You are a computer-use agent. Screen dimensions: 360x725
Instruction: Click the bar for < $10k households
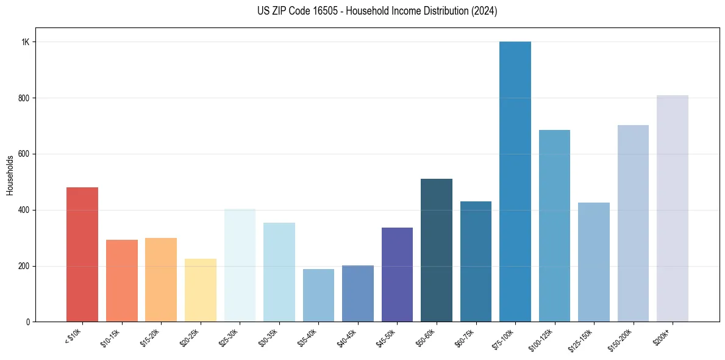point(82,254)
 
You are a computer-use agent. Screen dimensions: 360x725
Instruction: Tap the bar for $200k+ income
point(673,209)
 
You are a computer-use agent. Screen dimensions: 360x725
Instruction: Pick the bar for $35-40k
point(318,295)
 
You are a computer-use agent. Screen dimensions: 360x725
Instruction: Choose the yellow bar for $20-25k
point(201,290)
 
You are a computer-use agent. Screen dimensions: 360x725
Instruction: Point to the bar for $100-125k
point(554,226)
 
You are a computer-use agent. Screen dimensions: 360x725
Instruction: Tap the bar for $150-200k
point(633,223)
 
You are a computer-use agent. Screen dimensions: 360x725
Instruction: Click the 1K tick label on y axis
point(26,42)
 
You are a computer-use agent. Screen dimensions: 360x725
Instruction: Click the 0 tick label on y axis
point(27,322)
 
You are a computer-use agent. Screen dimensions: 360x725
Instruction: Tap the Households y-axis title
point(10,175)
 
